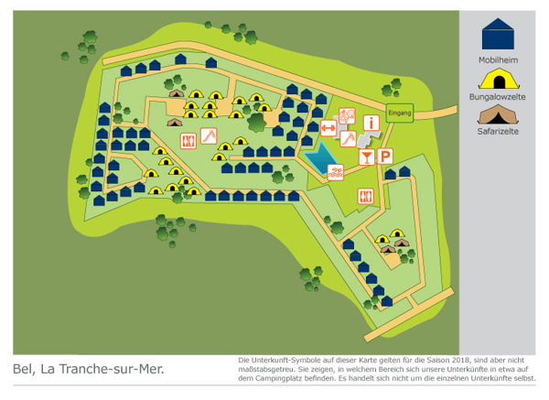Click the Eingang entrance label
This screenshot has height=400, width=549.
399,112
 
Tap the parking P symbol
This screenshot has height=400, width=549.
387,157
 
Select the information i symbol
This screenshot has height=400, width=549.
371,122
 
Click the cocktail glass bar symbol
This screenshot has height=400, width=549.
365,157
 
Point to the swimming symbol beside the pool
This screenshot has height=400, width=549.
336,170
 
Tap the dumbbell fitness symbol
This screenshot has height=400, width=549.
327,128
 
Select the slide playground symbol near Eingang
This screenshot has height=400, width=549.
348,139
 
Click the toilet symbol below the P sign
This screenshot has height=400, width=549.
365,195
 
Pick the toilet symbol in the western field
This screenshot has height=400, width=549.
188,140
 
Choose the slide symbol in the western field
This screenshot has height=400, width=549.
209,135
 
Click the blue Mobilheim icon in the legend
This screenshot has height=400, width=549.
497,33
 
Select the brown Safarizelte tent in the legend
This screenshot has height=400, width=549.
497,115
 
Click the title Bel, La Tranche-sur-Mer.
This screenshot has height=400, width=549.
89,371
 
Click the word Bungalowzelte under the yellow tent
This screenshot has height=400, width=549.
497,95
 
